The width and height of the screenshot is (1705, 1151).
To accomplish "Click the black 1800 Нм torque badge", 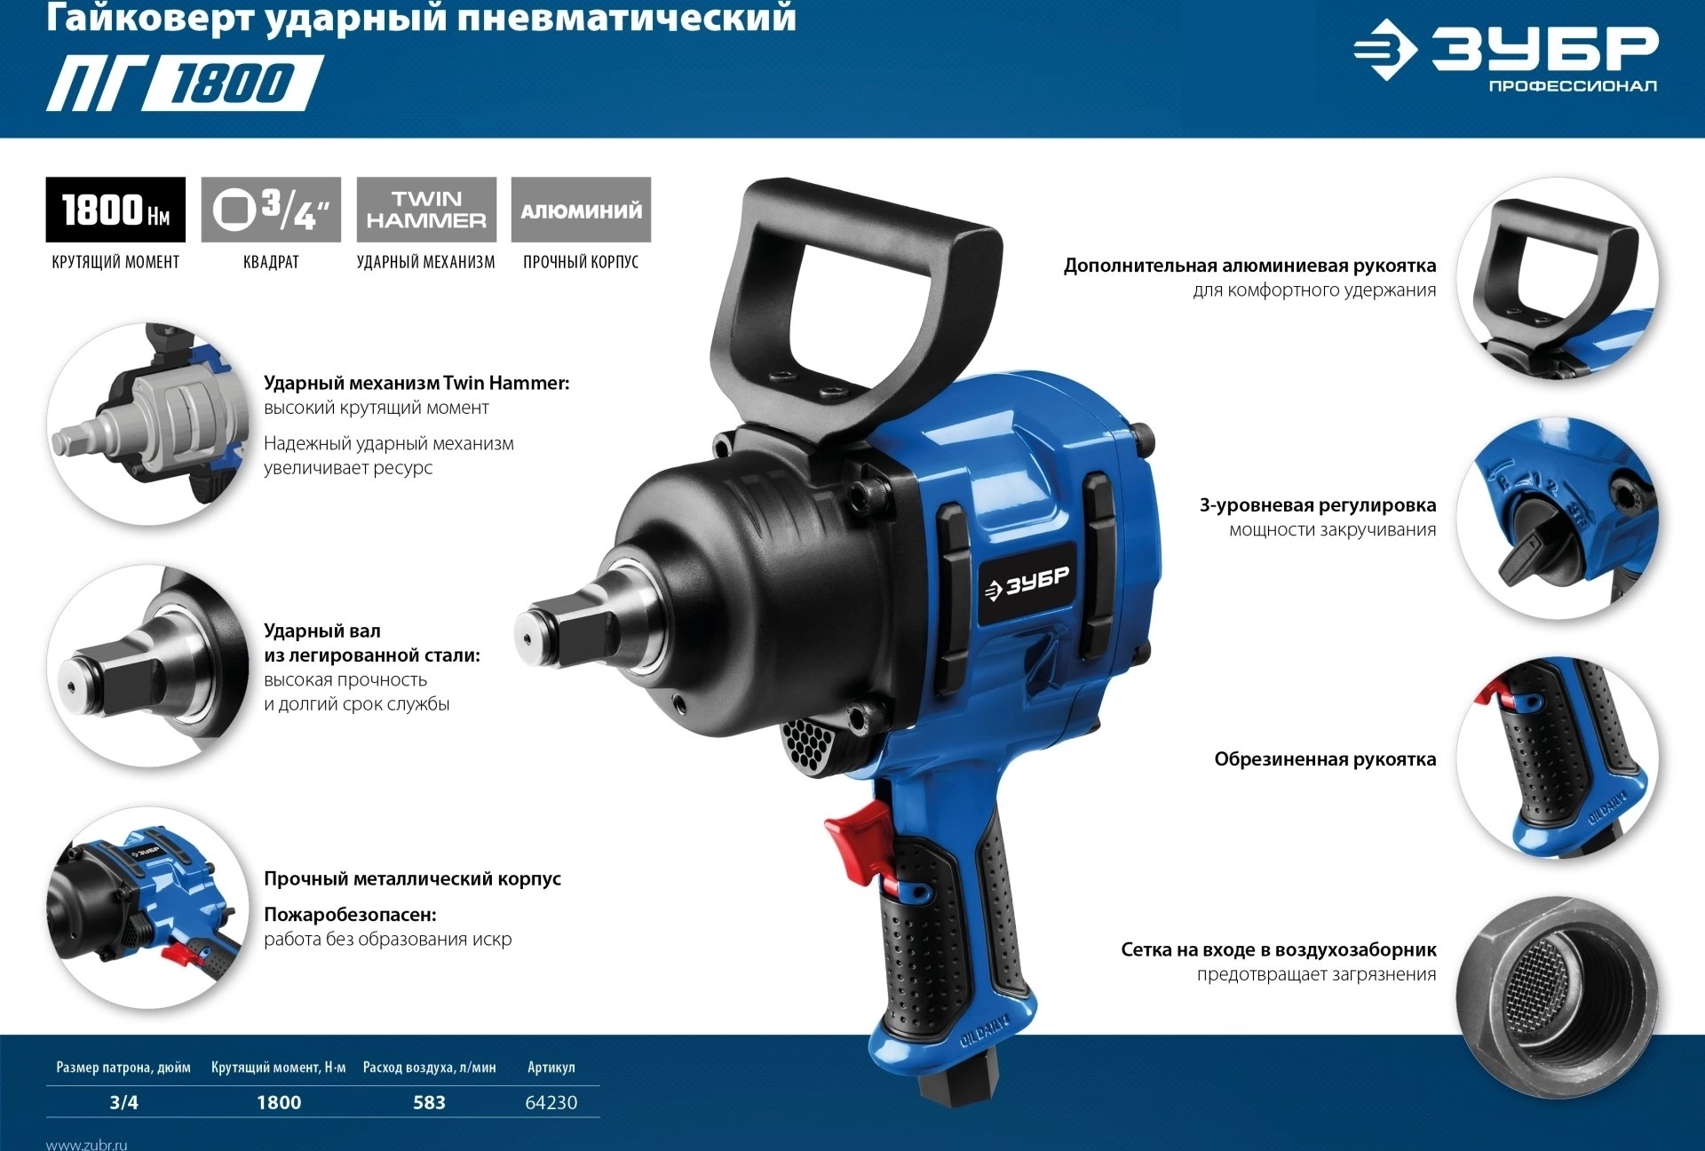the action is click(115, 210).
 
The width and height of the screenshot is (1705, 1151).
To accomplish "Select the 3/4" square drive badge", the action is click(271, 210).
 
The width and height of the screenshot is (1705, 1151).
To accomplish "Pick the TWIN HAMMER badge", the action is click(426, 210).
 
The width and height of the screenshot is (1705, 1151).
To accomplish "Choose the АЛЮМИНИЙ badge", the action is click(581, 210).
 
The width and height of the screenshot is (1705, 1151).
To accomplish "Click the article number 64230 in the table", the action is click(551, 1102).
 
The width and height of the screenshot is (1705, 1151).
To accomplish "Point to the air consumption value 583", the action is click(429, 1102).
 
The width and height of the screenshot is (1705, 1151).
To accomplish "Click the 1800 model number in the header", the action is click(231, 83).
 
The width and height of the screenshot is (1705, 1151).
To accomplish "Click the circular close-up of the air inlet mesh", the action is click(1558, 998).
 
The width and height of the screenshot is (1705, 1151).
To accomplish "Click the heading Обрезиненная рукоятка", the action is click(1325, 759).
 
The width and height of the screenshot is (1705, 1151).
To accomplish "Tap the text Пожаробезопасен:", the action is click(350, 915).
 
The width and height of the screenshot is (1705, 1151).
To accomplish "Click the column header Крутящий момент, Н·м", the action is click(279, 1068).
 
